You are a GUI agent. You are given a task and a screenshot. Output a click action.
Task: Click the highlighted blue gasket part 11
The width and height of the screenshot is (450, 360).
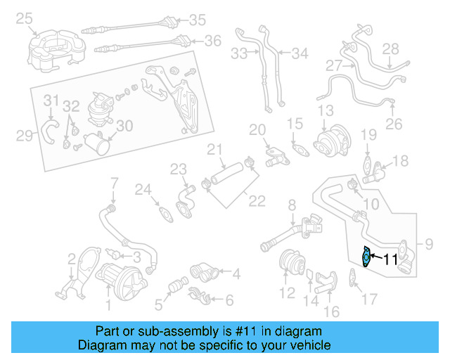366,257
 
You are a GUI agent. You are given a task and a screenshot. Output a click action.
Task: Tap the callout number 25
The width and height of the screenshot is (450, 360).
25,18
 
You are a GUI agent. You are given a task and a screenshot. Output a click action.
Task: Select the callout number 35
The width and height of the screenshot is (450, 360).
197,19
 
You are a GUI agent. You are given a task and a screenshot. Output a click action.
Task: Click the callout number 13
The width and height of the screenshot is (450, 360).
325,111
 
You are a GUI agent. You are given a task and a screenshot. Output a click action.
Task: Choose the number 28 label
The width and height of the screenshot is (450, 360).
390,49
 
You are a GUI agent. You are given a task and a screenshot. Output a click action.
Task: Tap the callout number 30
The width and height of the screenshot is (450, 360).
124,126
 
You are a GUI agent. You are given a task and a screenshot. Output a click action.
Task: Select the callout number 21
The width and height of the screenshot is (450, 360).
214,149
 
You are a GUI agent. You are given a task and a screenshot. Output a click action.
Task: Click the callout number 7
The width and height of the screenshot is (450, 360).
114,185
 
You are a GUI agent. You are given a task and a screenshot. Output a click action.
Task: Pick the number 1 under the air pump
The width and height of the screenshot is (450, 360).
108,304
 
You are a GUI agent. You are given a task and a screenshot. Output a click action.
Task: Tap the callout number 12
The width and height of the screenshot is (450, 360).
287,292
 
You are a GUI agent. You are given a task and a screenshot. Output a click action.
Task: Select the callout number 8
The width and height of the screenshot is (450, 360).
291,205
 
